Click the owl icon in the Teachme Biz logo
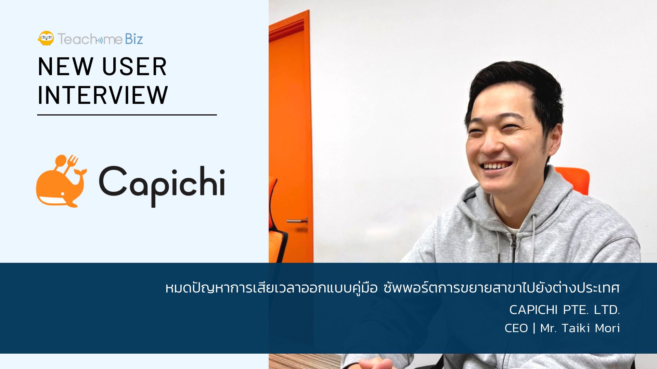click(46, 38)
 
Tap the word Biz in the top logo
click(134, 39)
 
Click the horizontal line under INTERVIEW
click(127, 115)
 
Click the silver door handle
click(296, 221)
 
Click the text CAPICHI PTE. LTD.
click(564, 310)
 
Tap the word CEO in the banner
click(516, 328)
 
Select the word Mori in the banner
click(607, 328)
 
